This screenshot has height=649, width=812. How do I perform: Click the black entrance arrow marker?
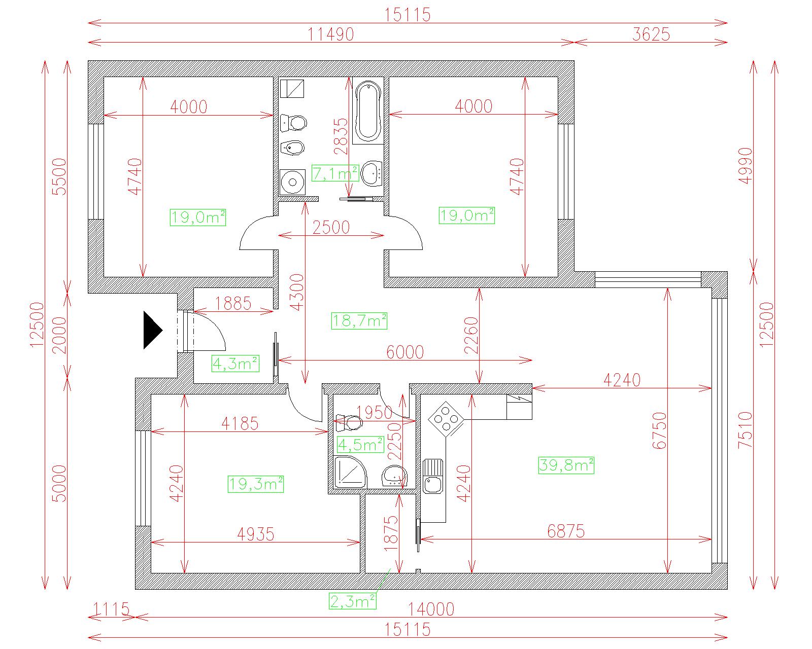pos(152,330)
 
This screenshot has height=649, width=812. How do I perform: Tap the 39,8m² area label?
pos(566,465)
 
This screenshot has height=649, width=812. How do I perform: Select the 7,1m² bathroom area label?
pos(335,173)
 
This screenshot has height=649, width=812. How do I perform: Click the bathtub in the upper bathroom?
pos(368,112)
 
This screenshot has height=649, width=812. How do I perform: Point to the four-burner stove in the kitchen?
pos(446,419)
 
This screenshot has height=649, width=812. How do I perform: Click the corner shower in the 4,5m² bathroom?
pos(350,472)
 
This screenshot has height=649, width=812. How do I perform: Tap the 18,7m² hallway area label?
pos(359,321)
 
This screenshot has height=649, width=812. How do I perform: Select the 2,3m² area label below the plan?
pos(353,601)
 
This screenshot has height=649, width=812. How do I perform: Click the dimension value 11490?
pos(331,34)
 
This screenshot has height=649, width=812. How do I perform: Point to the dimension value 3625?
pos(651,34)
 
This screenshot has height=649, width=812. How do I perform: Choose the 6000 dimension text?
pos(405,352)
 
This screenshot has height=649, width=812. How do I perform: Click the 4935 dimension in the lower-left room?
pos(256,534)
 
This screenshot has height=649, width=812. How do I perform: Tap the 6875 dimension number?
pos(566,531)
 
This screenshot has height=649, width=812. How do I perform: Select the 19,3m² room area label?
pos(256,484)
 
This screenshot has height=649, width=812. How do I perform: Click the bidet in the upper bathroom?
pos(292,148)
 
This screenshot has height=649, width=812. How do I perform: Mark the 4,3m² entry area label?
pos(235,364)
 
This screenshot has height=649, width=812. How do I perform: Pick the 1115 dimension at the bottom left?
pos(111,608)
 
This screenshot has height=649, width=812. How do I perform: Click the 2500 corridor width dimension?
pos(331,227)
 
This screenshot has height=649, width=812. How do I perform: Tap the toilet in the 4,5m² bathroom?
pos(349,423)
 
